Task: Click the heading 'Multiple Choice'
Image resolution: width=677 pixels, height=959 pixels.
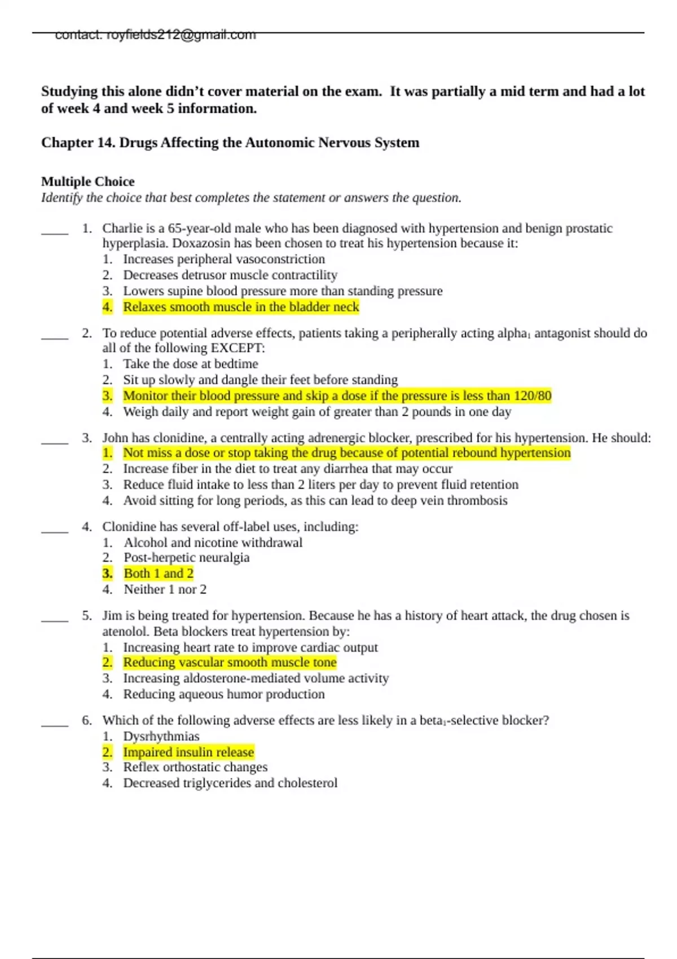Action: point(88,182)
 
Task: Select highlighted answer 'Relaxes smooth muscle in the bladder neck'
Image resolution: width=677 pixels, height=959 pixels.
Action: point(241,307)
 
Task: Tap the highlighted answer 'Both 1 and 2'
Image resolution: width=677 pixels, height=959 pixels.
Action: point(159,574)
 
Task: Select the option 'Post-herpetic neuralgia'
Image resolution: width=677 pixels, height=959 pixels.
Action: point(186,558)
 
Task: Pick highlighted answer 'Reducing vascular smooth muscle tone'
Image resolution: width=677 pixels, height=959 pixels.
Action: point(230,663)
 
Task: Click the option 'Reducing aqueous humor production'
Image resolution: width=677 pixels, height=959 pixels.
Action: point(223,694)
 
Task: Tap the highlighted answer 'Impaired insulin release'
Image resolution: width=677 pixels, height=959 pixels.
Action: point(188,753)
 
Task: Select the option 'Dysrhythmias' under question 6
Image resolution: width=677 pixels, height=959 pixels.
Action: point(161,737)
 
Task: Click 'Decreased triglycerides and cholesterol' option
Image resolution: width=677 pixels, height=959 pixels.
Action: point(230,784)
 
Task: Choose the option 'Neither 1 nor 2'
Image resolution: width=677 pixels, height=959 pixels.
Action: point(165,590)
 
